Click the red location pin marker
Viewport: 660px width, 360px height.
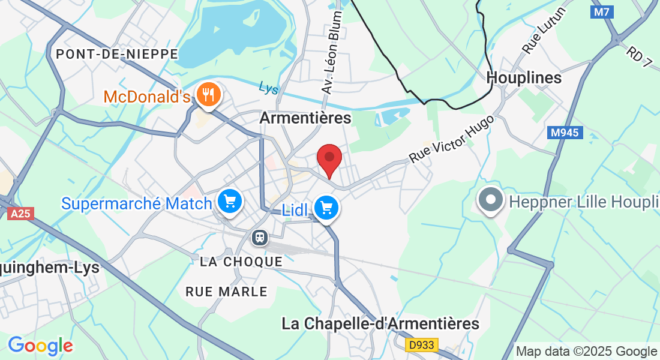[329, 158]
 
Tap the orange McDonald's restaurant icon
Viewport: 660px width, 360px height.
[208, 95]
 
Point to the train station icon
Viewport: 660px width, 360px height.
[260, 238]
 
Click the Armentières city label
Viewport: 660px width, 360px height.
[305, 118]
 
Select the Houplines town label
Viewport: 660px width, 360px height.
[524, 78]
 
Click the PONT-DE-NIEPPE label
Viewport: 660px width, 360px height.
[117, 54]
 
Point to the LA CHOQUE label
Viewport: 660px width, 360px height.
[241, 262]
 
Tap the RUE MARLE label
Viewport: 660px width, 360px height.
[226, 292]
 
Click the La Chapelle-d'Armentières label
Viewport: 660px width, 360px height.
[380, 324]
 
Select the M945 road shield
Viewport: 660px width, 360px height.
[565, 133]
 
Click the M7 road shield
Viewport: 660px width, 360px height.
[601, 11]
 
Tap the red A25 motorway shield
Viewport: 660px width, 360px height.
[21, 213]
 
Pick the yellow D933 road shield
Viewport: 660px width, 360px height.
[422, 345]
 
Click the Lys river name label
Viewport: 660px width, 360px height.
[269, 88]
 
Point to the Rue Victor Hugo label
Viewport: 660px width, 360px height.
[452, 139]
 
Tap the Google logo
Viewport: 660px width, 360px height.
[40, 345]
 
